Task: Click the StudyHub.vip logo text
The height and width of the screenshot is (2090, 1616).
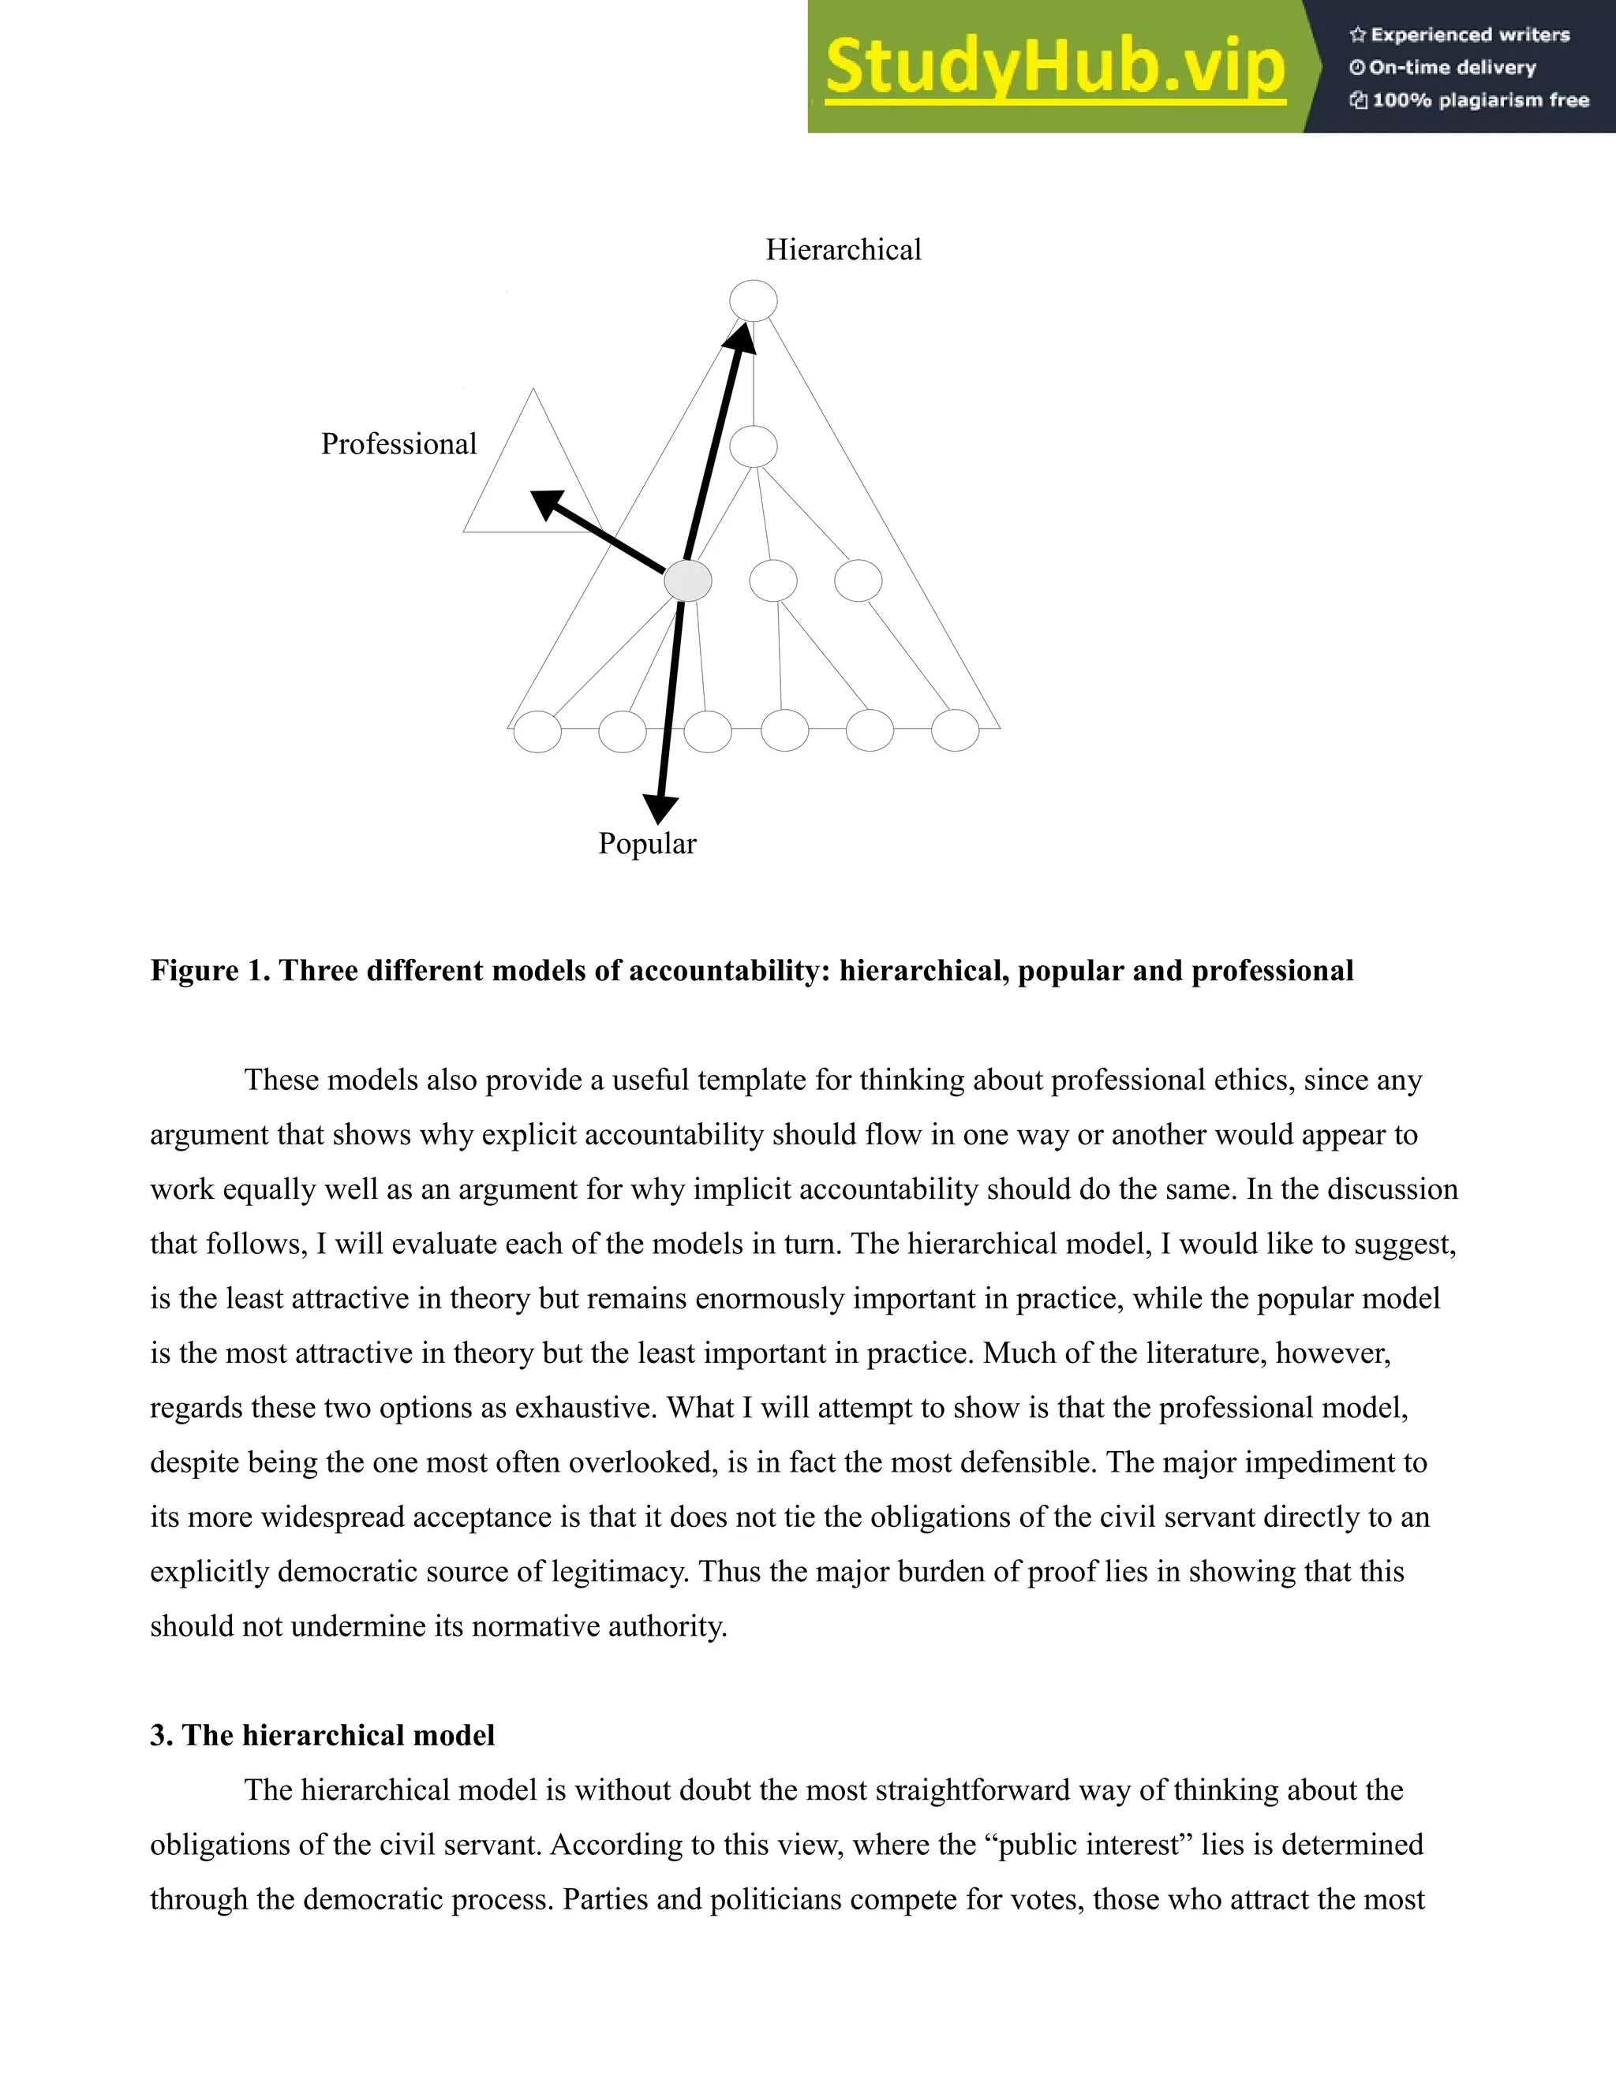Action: point(1054,67)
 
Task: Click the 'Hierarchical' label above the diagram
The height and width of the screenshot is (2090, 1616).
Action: point(843,251)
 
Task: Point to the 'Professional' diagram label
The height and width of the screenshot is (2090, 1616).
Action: point(398,445)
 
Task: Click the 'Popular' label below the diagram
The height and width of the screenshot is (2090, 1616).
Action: point(647,844)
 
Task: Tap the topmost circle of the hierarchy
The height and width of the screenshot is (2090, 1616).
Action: point(754,300)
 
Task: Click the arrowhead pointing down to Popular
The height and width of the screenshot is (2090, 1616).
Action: point(659,808)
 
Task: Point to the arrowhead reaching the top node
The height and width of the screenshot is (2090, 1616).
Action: point(742,337)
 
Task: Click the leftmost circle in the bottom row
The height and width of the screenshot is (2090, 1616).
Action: point(537,732)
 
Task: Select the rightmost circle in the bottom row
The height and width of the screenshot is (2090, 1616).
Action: point(955,731)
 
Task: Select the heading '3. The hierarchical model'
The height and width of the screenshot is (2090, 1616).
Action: point(323,1736)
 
